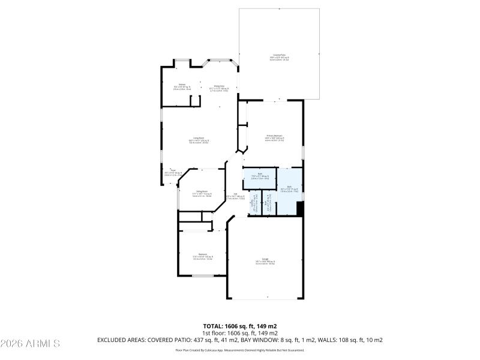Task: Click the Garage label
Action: click(265, 261)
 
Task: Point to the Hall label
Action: click(235, 196)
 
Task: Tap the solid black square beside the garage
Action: click(301, 208)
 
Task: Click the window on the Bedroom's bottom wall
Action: click(203, 275)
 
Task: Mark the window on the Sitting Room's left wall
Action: click(178, 198)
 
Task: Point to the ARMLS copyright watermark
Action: click(30, 344)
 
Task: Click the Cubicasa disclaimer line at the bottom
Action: click(239, 350)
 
